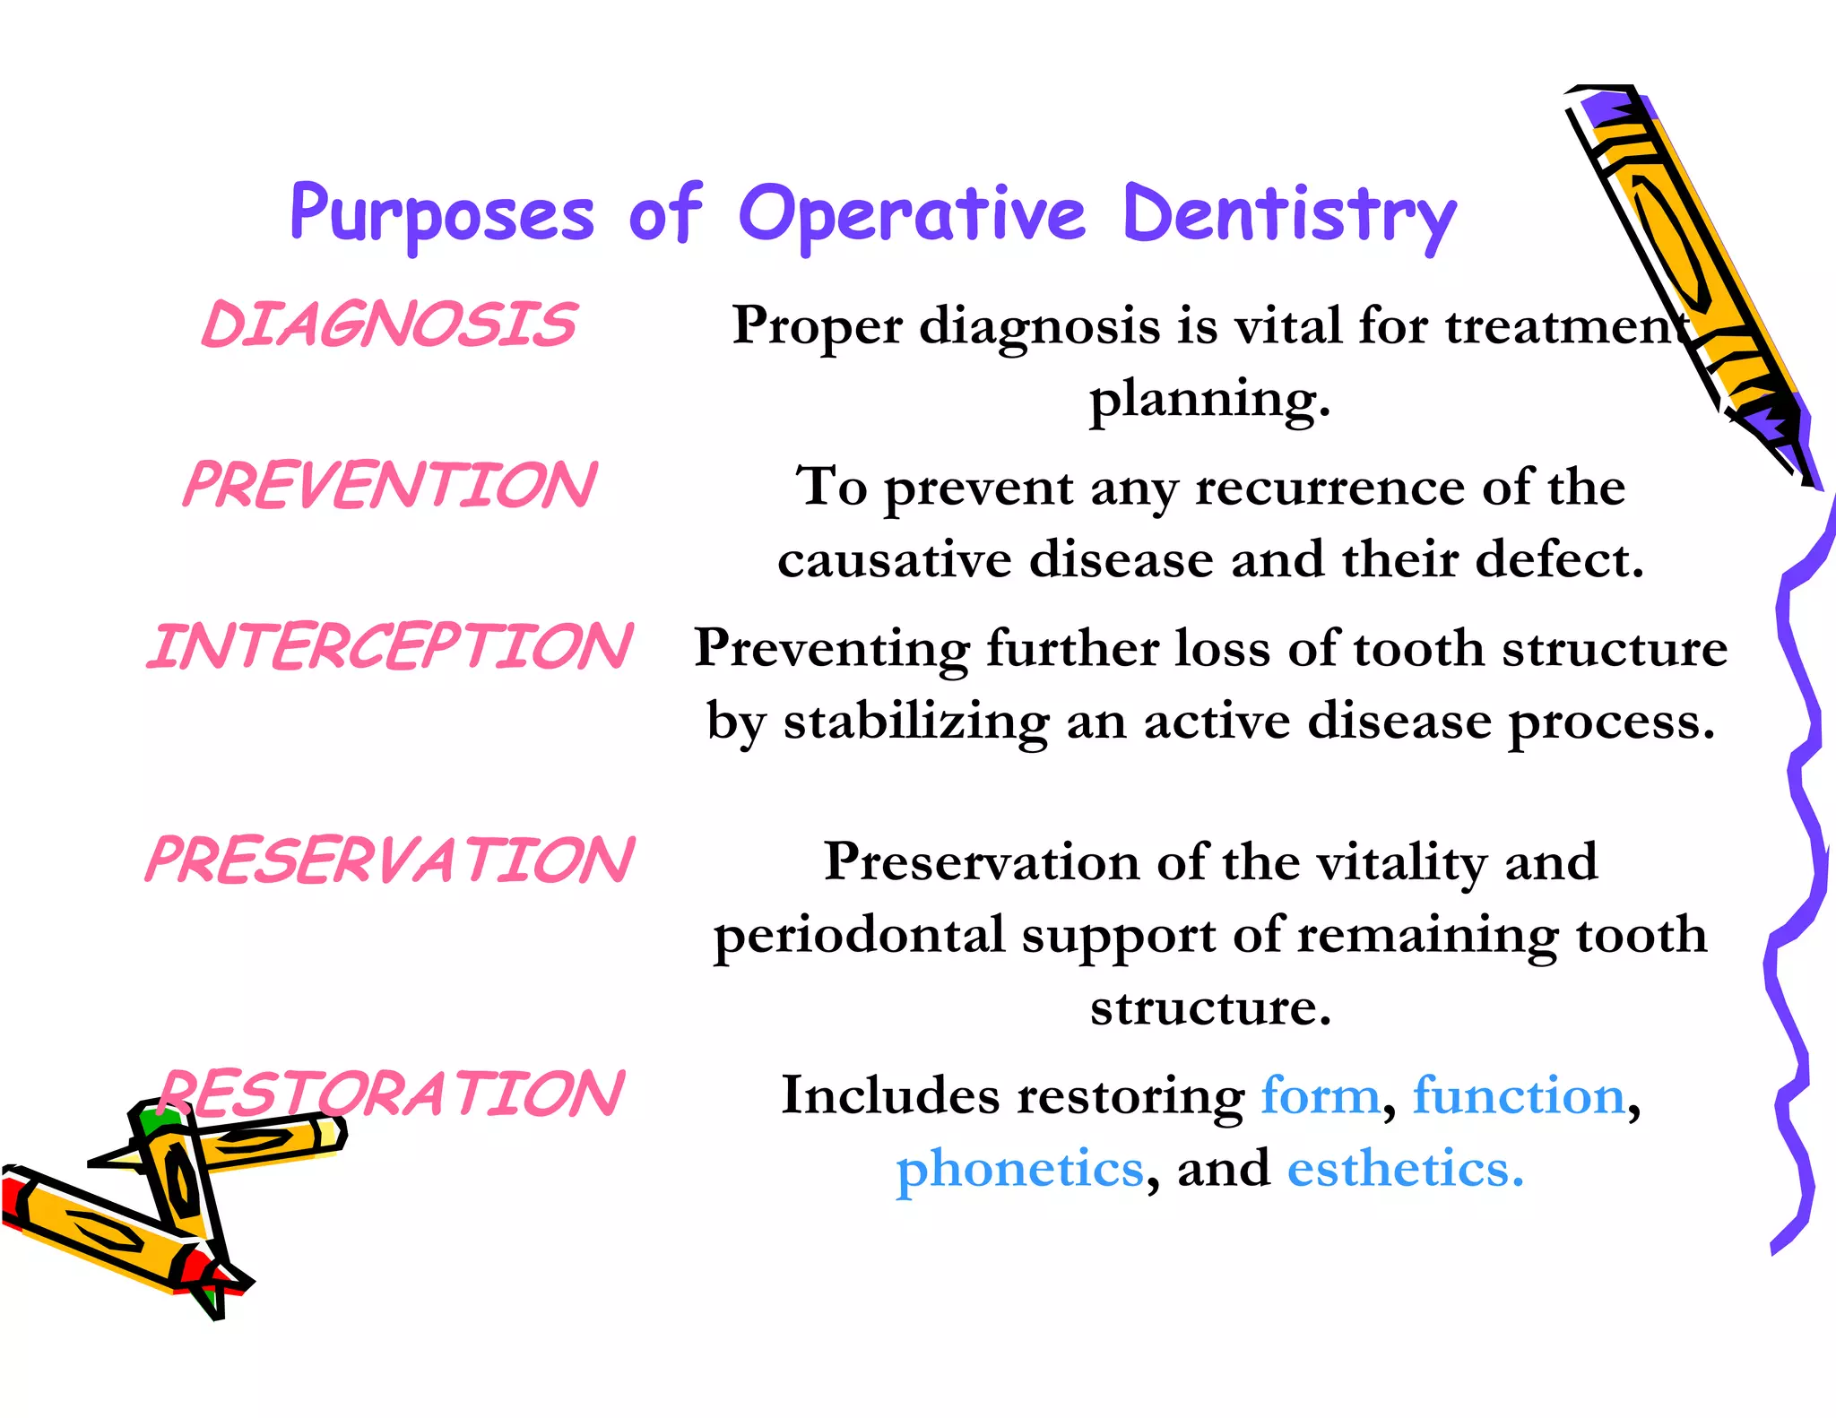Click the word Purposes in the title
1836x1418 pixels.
(x=442, y=215)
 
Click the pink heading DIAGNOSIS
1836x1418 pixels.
(x=389, y=324)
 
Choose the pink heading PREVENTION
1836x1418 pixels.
(x=389, y=486)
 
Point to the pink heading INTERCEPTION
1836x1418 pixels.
(x=389, y=647)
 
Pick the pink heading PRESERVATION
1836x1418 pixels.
(x=389, y=860)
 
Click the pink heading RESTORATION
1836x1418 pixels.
(x=391, y=1094)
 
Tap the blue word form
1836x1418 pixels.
(x=1320, y=1095)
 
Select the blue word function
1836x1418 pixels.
(x=1519, y=1095)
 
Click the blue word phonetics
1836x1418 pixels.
(x=1020, y=1169)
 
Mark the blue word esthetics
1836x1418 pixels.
(x=1404, y=1169)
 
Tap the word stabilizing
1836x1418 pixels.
(x=915, y=722)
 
